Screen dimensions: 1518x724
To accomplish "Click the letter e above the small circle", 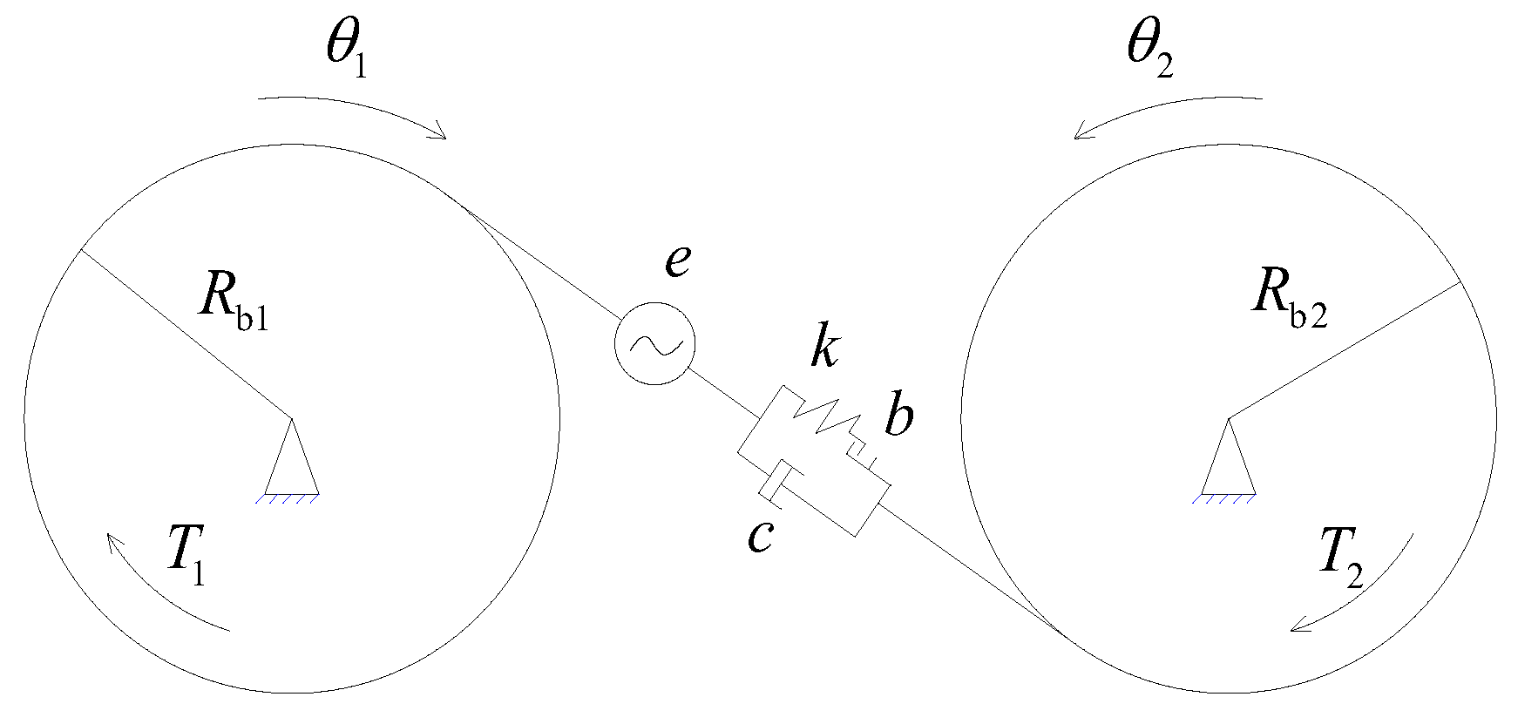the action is point(679,261).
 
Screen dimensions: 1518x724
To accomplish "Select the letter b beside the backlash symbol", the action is point(898,416).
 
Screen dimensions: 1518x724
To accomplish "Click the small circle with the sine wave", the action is point(654,343).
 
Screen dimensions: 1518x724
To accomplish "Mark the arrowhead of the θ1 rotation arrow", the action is point(440,133).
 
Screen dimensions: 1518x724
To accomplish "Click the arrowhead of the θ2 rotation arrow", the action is point(1081,133).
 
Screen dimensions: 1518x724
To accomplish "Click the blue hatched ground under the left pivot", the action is point(292,499).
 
